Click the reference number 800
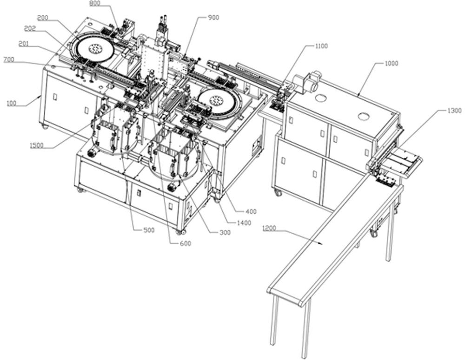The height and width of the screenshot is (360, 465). pos(94,3)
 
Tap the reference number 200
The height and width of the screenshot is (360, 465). pos(43,18)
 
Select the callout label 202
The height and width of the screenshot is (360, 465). pos(30,28)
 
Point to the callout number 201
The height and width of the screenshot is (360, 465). pos(24,44)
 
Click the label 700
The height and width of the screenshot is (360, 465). pos(8,60)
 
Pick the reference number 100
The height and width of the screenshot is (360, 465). pos(11,104)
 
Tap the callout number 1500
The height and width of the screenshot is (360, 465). pos(36,145)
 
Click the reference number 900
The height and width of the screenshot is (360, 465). pos(213,18)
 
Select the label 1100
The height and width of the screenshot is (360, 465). pos(321,46)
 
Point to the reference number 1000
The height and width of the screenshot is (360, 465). pos(392,64)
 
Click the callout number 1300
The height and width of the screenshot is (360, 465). pos(454,111)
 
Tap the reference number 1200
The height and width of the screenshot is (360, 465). pos(269,228)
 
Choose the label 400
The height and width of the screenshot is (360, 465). pos(251,211)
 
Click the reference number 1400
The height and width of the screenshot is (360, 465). pos(244,223)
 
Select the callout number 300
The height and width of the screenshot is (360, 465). pos(225,233)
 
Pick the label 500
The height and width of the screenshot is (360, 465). pos(149,230)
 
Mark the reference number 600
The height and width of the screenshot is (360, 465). pos(186,243)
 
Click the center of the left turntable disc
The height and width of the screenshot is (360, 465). pos(95,48)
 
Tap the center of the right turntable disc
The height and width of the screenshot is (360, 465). pos(216,101)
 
